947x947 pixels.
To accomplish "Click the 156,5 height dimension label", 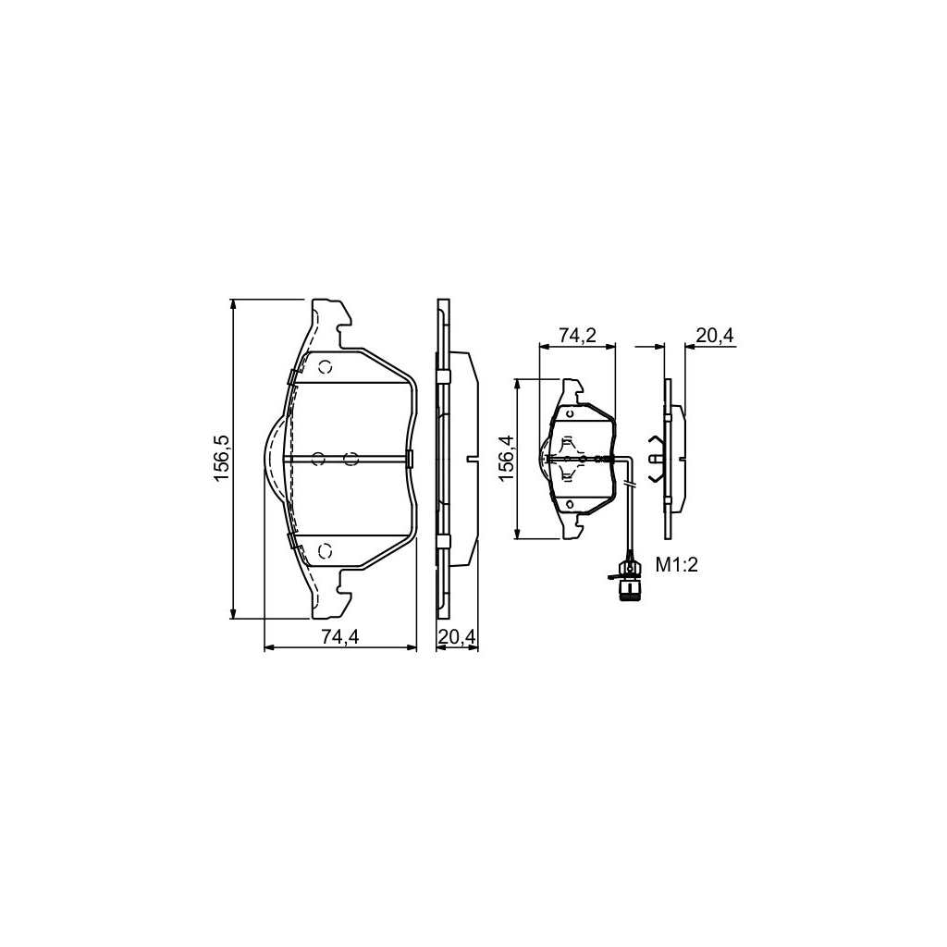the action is point(222,459).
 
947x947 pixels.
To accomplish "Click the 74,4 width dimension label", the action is point(340,636).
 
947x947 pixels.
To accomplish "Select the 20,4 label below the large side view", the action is point(457,636).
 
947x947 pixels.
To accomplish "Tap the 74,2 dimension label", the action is point(577,335).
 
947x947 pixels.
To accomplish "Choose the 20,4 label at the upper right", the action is point(715,335).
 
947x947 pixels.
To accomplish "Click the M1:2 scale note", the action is point(677,565).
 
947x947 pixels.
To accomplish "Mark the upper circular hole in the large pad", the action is point(326,367).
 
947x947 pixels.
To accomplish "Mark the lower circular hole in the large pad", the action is point(326,551).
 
